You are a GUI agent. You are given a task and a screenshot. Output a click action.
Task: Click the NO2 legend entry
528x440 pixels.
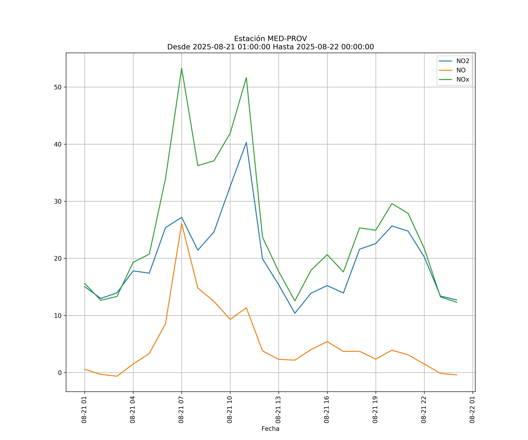point(463,61)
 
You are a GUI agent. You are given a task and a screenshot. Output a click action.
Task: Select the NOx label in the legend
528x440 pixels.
point(463,80)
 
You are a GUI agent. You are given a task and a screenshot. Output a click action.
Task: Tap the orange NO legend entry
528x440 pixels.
point(461,70)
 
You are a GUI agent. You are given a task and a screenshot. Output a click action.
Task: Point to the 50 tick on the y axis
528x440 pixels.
point(58,87)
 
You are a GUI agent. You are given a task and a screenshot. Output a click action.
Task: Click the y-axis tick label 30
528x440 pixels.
point(58,201)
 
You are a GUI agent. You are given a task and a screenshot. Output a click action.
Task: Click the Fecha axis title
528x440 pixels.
point(270,429)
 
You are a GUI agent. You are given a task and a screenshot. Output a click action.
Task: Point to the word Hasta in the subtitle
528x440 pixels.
point(283,47)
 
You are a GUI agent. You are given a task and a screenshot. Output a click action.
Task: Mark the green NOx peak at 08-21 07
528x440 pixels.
point(182,68)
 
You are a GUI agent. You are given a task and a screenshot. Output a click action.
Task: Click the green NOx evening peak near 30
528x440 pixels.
point(392,204)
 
